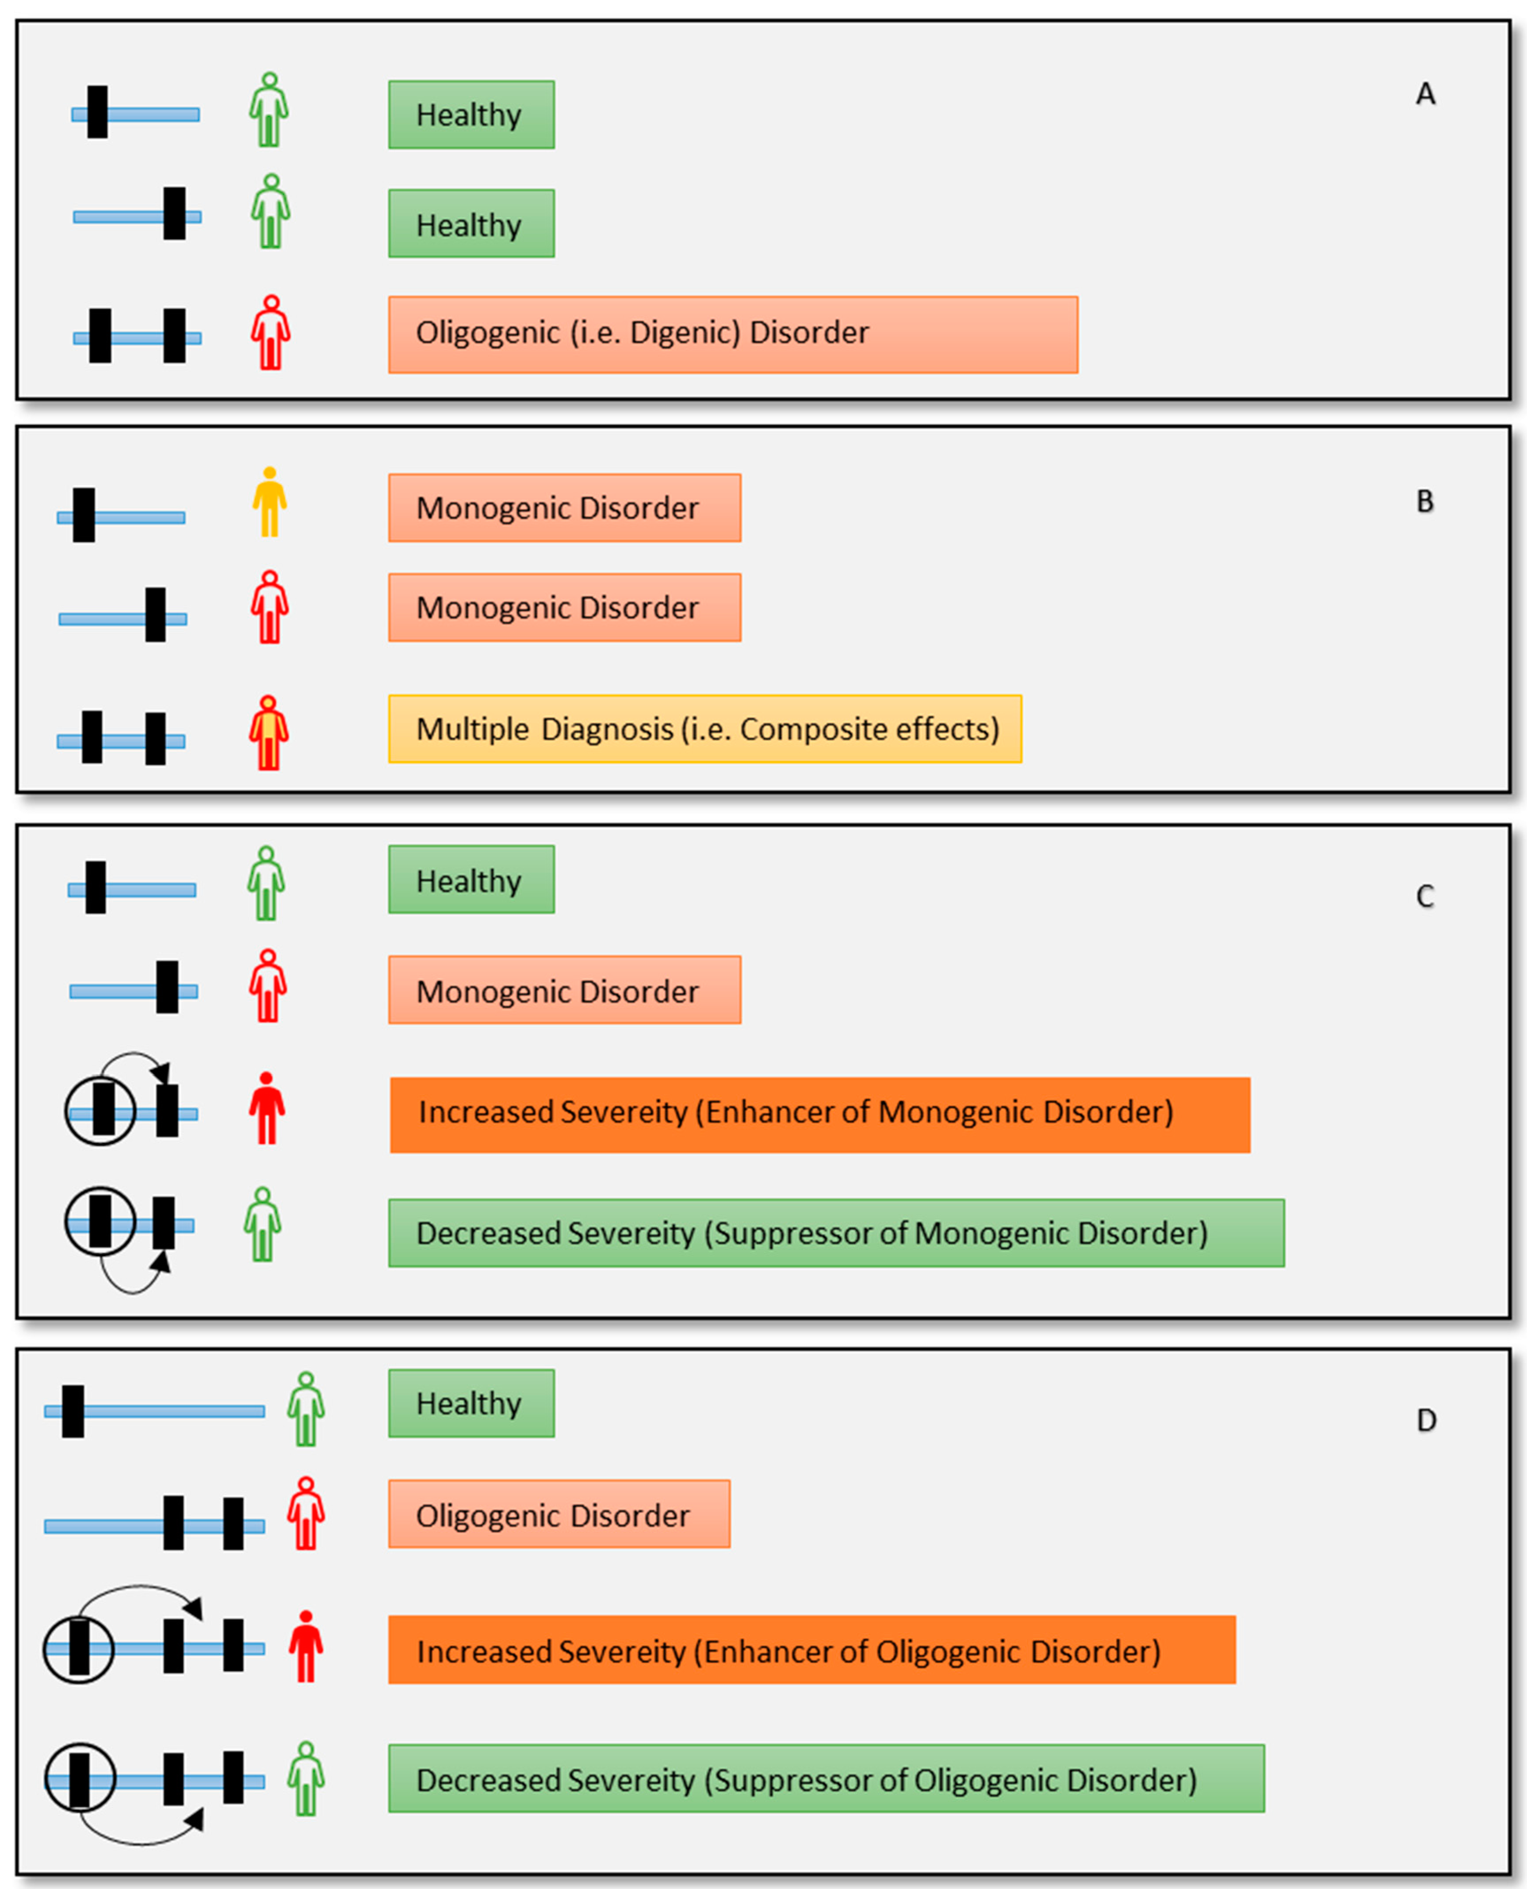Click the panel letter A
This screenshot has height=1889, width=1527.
tap(1425, 94)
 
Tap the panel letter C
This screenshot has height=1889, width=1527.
tap(1425, 897)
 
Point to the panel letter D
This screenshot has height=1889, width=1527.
tap(1426, 1420)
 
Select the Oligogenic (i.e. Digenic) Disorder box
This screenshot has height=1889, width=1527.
tap(733, 334)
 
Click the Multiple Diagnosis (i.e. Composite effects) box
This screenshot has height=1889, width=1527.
tap(704, 728)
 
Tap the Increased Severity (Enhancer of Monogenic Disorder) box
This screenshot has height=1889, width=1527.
tap(820, 1115)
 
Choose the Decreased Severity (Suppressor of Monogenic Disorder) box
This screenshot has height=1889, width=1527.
tap(836, 1233)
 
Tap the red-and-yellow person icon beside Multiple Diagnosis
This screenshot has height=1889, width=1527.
tap(268, 733)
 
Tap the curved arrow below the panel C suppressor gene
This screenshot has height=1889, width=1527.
tap(132, 1283)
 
